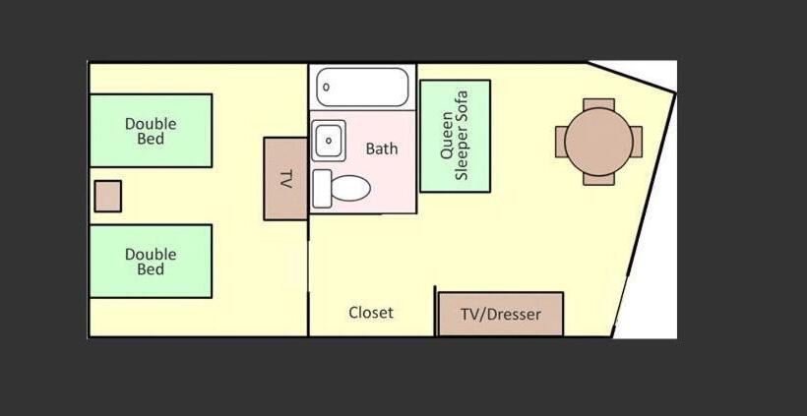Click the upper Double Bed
(151, 130)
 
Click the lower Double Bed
(151, 261)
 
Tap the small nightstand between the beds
(107, 196)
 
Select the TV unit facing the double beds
(285, 179)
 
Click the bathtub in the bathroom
(362, 87)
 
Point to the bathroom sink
(328, 140)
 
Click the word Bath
(382, 149)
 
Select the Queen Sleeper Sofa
(455, 136)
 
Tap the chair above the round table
(598, 103)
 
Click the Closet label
(371, 313)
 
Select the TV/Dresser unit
(500, 315)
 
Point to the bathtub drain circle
(326, 87)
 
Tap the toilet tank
(322, 188)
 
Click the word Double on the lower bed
(151, 254)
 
